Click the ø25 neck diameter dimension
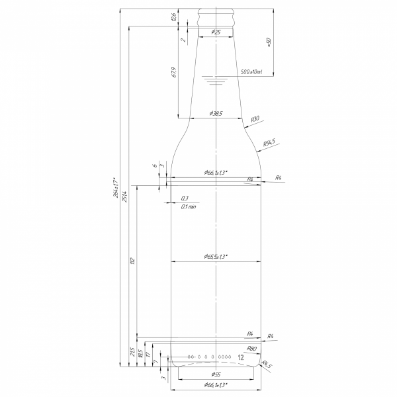coord(216,32)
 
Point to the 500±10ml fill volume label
coord(251,71)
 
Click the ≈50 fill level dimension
coord(269,42)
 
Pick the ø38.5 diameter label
coord(215,114)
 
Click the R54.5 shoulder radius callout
coord(269,142)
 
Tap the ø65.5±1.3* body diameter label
coord(216,256)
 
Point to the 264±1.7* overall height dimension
coord(114,189)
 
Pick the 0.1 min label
coord(189,206)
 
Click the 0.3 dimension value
coord(185,198)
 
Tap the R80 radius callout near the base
coord(251,348)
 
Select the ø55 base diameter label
coord(216,375)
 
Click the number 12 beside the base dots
coord(240,357)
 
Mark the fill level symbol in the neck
coord(216,80)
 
